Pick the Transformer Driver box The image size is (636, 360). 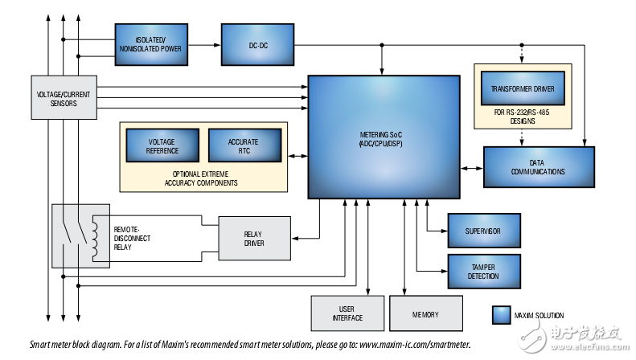(523, 88)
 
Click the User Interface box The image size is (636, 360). (347, 313)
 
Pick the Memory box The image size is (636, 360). (426, 313)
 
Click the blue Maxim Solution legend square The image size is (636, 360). (503, 315)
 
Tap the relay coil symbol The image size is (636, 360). (96, 237)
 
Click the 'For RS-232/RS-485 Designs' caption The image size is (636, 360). (523, 117)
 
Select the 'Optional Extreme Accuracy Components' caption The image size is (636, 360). (204, 178)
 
